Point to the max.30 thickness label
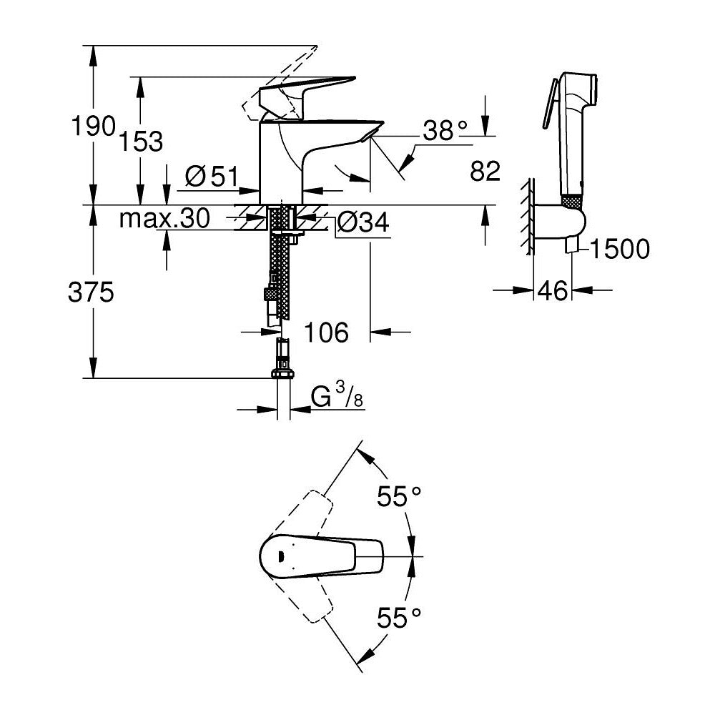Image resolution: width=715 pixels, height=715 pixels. point(164,219)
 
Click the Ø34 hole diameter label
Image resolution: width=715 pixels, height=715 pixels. point(362,222)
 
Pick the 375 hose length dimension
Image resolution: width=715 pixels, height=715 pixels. point(92,292)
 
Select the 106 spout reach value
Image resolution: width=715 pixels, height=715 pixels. point(326,332)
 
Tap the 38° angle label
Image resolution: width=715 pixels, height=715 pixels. point(444,130)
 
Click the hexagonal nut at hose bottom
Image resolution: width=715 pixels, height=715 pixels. point(284,374)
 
